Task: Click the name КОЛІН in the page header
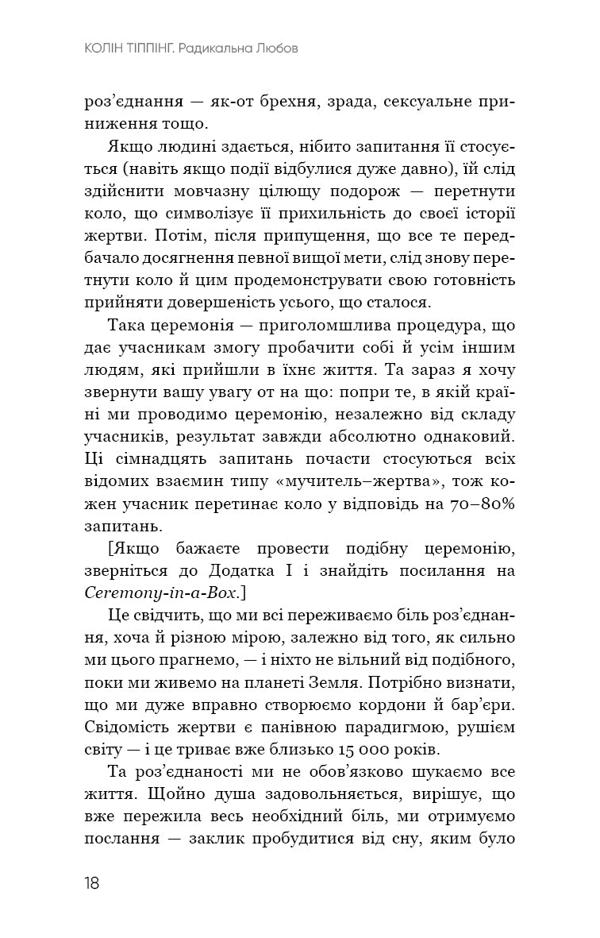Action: [x=110, y=48]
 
